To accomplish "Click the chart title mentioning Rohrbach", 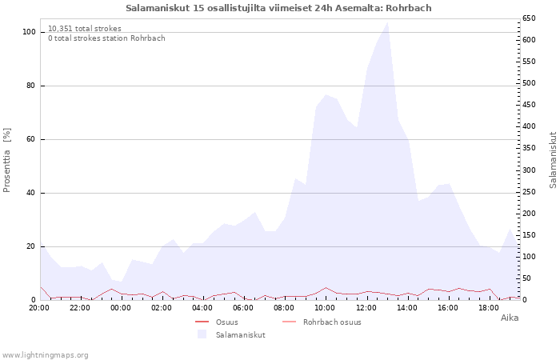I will click(x=278, y=8).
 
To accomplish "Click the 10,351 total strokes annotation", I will click(x=85, y=29).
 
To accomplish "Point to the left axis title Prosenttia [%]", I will click(x=7, y=160).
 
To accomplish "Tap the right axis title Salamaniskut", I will click(x=553, y=160).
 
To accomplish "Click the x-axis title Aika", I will click(x=510, y=318).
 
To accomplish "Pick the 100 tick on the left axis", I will click(x=29, y=32).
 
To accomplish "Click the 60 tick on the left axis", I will click(x=31, y=139).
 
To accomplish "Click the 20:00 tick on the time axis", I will click(x=39, y=307).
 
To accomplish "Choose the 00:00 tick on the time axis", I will click(x=121, y=307).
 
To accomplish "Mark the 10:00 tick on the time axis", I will click(x=325, y=307).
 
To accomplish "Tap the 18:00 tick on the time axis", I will click(x=488, y=307).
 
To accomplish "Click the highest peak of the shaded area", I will click(x=388, y=22).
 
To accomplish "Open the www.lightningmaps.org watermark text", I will click(x=46, y=354).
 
